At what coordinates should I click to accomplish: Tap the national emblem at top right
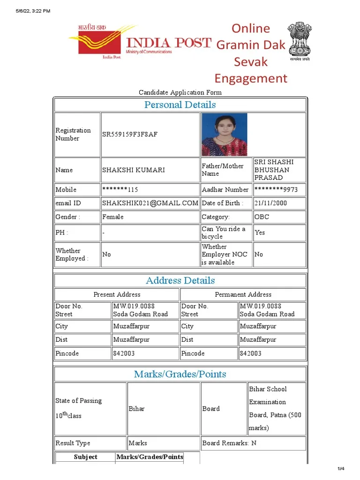[298, 40]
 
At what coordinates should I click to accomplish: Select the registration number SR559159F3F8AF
[130, 135]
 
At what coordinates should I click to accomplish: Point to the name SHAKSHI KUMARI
[134, 170]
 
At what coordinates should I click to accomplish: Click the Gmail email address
[150, 203]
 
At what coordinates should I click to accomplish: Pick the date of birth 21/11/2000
[271, 203]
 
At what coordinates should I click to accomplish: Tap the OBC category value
[262, 217]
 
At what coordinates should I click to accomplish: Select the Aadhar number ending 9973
[276, 190]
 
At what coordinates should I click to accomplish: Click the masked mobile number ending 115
[120, 190]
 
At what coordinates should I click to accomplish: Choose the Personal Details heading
[180, 105]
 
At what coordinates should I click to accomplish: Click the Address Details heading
[180, 280]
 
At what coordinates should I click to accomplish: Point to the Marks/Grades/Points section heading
[180, 374]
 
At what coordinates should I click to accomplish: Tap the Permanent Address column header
[243, 294]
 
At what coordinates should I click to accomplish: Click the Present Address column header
[117, 294]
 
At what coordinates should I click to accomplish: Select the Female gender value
[113, 217]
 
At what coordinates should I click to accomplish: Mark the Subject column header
[85, 457]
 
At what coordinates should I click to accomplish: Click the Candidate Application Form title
[180, 92]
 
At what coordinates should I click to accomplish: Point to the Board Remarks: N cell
[229, 443]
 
